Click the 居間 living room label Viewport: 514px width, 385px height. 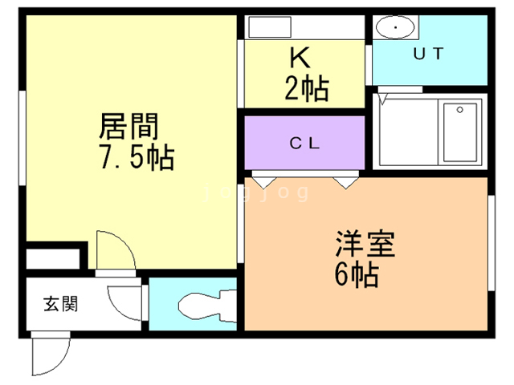(x=128, y=127)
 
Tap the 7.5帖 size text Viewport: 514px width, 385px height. (x=137, y=157)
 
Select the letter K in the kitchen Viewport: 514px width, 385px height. (x=300, y=58)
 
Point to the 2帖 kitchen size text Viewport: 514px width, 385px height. (x=307, y=87)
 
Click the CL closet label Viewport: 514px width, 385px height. (x=304, y=143)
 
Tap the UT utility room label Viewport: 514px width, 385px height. (x=428, y=54)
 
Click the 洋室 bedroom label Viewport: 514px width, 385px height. (x=365, y=244)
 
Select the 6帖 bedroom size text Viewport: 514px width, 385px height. (x=357, y=274)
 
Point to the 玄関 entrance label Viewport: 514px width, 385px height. (x=61, y=304)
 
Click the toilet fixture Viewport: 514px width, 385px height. (x=207, y=306)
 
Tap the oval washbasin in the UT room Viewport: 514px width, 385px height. (x=395, y=27)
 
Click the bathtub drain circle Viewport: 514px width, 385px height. (x=459, y=110)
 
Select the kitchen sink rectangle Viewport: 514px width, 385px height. (x=270, y=27)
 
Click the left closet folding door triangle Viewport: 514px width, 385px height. (x=264, y=183)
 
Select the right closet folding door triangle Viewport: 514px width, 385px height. (x=346, y=183)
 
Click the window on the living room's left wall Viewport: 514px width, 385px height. (x=22, y=138)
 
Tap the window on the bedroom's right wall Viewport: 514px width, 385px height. (x=491, y=243)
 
